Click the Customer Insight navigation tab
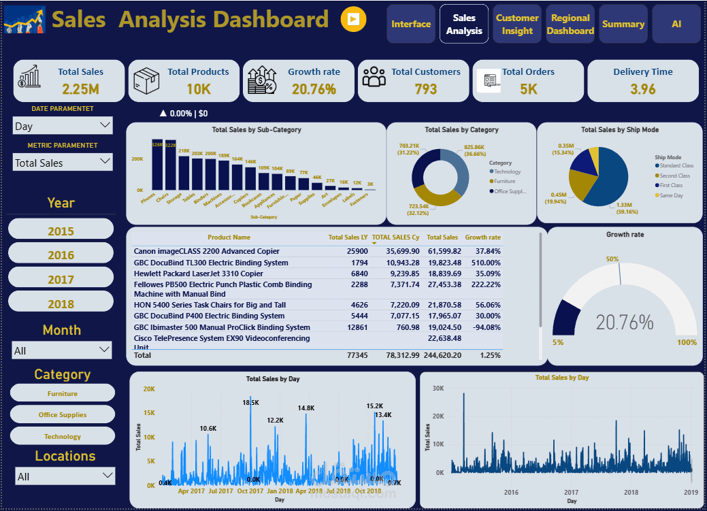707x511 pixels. [517, 24]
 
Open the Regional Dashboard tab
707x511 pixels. [570, 24]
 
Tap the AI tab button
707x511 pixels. [676, 24]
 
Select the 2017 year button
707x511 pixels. [61, 279]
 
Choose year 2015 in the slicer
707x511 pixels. [61, 231]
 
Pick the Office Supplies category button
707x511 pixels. [63, 414]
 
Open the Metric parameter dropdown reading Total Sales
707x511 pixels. [63, 163]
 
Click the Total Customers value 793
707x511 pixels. [425, 88]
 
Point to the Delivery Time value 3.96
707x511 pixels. [642, 88]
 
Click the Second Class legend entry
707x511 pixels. [674, 176]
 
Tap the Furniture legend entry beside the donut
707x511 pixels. [504, 181]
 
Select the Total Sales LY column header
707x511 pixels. [348, 237]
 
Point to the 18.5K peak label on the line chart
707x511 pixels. [250, 403]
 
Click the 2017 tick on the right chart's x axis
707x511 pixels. [571, 492]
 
